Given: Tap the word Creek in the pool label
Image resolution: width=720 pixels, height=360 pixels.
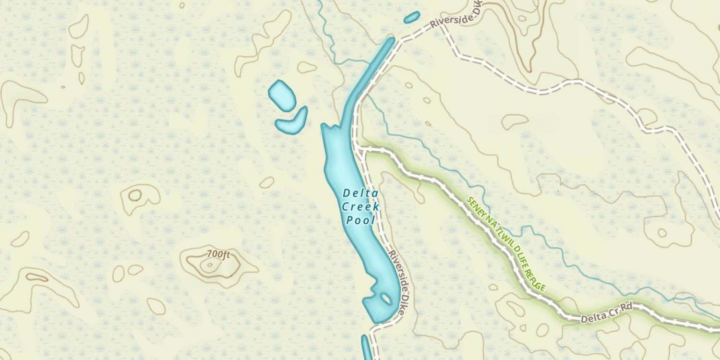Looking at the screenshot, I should (x=360, y=207).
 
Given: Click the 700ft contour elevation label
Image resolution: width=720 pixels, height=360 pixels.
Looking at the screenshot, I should (x=218, y=254).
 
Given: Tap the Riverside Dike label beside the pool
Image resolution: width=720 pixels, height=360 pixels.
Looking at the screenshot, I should (x=400, y=274).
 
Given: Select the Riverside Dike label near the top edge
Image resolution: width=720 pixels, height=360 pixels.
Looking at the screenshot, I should (x=456, y=17).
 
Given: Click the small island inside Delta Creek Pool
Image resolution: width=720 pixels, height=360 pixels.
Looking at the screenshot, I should (x=386, y=299).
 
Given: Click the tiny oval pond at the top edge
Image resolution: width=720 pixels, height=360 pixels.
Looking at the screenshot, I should (x=412, y=17).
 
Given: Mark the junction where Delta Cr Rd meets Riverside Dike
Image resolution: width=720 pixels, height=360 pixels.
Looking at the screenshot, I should (x=361, y=150).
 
